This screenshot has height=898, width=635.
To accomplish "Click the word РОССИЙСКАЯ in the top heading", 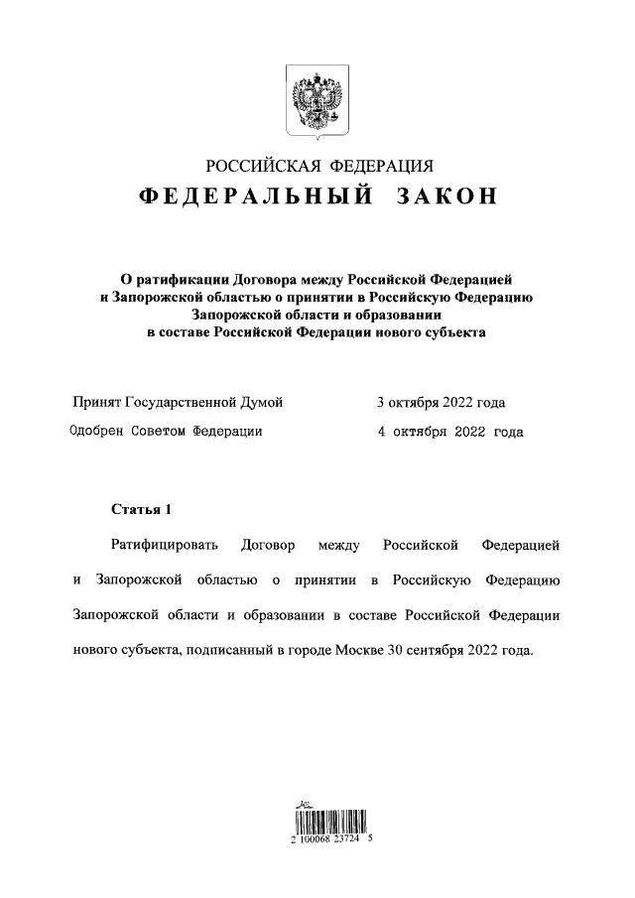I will (x=261, y=165).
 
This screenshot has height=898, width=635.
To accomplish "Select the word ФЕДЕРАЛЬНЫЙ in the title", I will (x=256, y=195).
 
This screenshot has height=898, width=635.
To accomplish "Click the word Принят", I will (x=96, y=402).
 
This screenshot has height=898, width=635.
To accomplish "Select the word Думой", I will (x=263, y=402).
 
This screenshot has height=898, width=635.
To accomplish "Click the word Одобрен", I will (x=98, y=432).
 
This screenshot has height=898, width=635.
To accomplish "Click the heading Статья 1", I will (x=141, y=510).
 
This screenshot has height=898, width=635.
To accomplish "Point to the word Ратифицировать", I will (x=162, y=546).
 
